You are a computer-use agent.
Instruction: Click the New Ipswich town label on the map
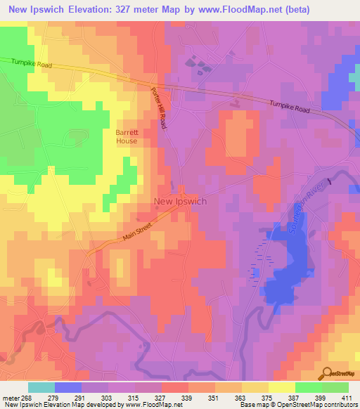point(180,201)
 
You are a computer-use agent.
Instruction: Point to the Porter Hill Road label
point(159,108)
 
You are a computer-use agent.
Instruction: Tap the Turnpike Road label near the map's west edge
point(31,63)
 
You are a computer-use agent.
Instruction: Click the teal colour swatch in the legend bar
point(41,387)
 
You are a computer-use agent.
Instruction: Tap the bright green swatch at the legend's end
point(335,387)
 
